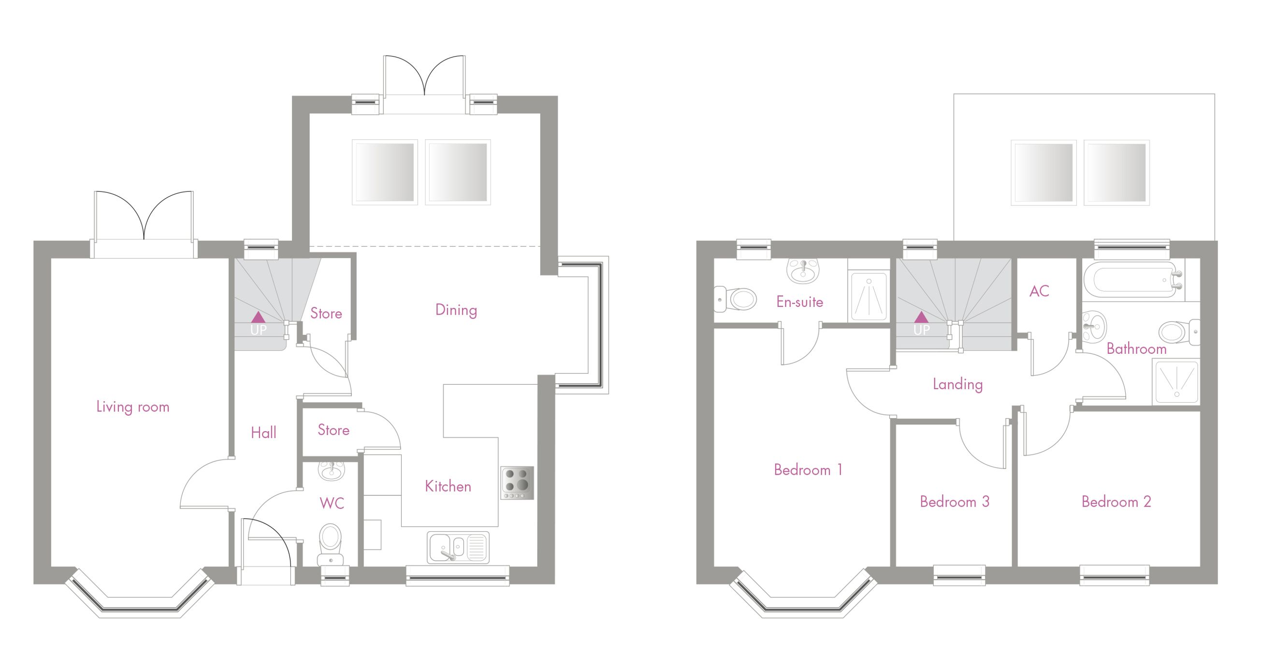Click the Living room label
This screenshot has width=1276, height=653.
(133, 407)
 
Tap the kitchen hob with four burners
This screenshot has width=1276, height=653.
(517, 482)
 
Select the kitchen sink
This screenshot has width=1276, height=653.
(458, 548)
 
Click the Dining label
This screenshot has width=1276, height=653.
(456, 310)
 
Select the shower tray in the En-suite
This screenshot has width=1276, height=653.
(869, 296)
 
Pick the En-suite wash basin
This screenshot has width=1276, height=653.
(803, 270)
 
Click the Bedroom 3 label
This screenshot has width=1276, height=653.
(955, 502)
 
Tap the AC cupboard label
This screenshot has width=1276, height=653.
(1039, 291)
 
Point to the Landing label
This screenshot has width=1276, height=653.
(957, 384)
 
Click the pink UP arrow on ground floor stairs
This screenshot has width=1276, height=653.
(258, 317)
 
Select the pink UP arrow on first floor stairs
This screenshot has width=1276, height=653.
(921, 317)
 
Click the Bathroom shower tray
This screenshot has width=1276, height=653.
(1176, 382)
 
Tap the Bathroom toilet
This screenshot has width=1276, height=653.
(1179, 332)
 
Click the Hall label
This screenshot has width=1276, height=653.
(263, 433)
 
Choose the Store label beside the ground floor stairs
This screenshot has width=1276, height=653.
(326, 313)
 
